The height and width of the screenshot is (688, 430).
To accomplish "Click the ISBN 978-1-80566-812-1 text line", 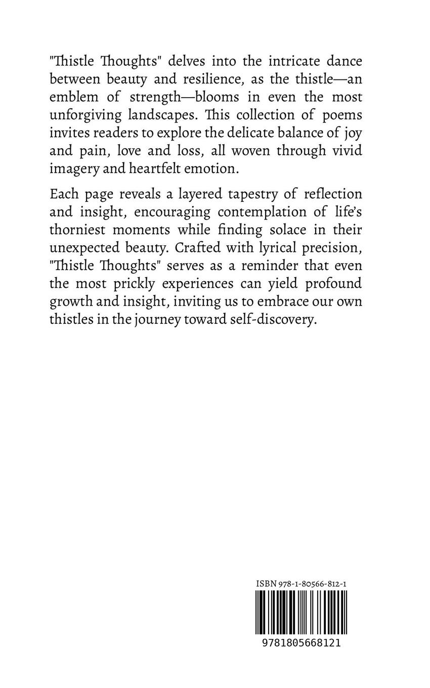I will tap(301, 584).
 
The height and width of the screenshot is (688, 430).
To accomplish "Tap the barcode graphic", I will tap(302, 612).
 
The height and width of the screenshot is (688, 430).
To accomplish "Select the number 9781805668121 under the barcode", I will tap(302, 643).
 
